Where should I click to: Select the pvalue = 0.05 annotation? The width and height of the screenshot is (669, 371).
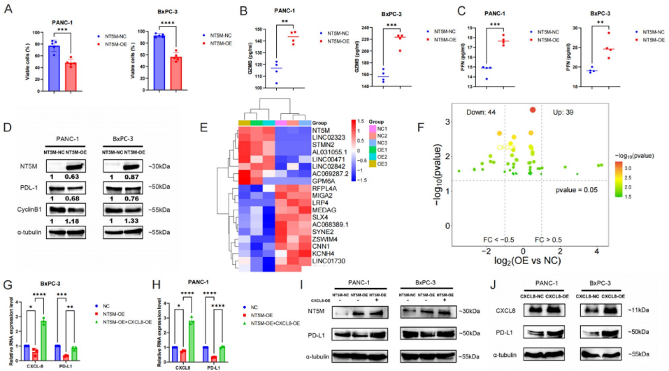coord(576,190)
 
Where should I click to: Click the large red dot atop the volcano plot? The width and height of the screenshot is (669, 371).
coord(532,110)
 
